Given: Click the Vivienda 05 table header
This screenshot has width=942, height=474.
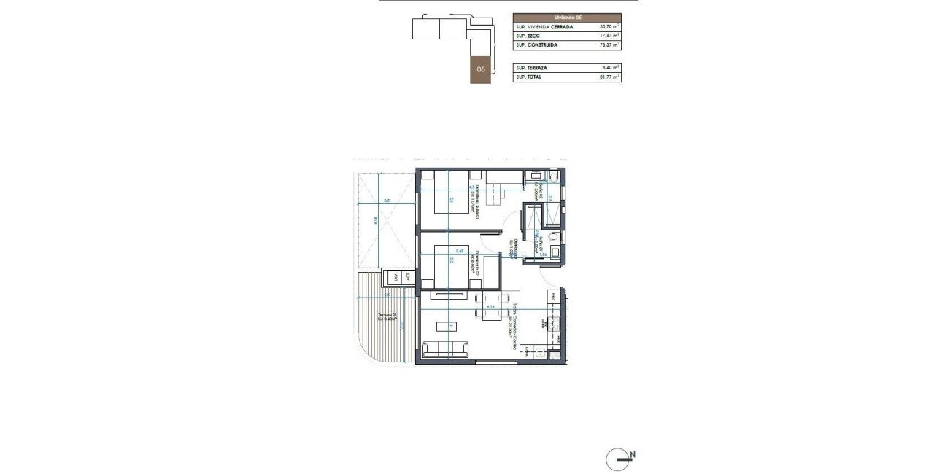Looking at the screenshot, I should pyautogui.click(x=567, y=17).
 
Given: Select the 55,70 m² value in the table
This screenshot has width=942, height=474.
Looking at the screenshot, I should pyautogui.click(x=609, y=26).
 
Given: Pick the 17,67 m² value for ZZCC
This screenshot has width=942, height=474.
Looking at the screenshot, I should pyautogui.click(x=609, y=35).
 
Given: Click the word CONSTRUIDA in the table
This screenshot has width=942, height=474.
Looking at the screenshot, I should pyautogui.click(x=544, y=44).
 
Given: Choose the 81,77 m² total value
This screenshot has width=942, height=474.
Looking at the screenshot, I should pyautogui.click(x=609, y=77).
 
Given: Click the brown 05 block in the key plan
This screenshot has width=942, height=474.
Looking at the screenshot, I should pyautogui.click(x=480, y=69).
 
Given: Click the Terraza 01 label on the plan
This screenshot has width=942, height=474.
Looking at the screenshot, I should pyautogui.click(x=386, y=318).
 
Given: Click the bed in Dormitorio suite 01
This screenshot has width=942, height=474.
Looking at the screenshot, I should pyautogui.click(x=452, y=193).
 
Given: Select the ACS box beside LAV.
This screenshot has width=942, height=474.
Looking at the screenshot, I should pyautogui.click(x=409, y=278).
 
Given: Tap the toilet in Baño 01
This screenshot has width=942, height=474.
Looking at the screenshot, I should pyautogui.click(x=555, y=238).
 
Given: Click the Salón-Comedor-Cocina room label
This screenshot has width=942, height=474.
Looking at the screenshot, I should pyautogui.click(x=515, y=326).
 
